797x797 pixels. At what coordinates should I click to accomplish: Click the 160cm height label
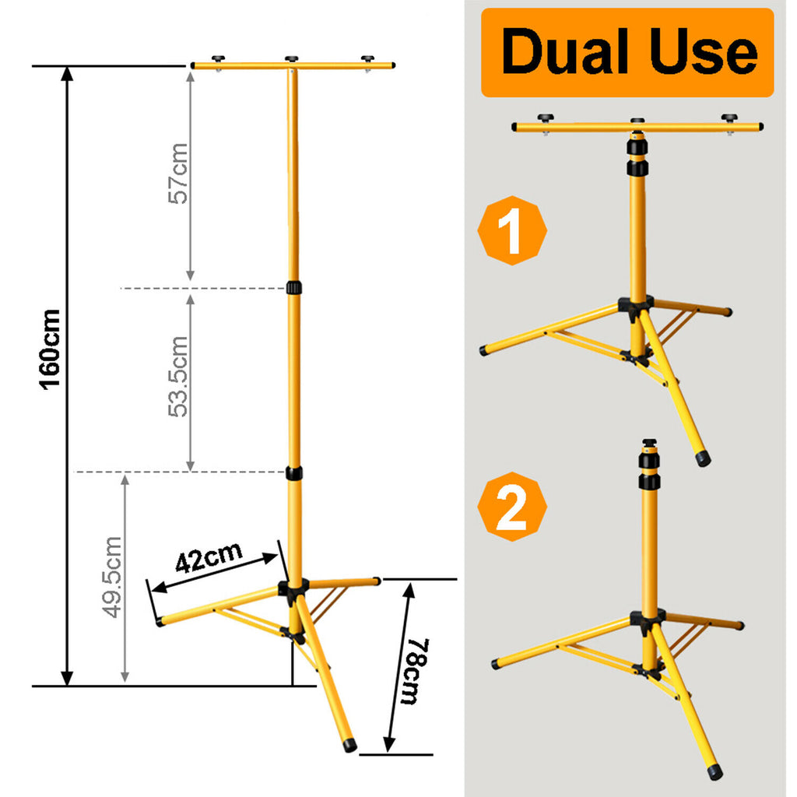pyautogui.click(x=51, y=349)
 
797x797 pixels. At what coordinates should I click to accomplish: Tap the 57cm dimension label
pyautogui.click(x=178, y=174)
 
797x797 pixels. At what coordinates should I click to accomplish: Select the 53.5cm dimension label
pyautogui.click(x=178, y=377)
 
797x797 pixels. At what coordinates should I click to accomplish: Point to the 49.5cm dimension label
pyautogui.click(x=112, y=577)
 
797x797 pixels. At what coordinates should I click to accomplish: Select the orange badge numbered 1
pyautogui.click(x=512, y=230)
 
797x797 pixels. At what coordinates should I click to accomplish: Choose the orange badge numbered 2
pyautogui.click(x=512, y=506)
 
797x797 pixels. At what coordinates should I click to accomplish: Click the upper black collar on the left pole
pyautogui.click(x=293, y=287)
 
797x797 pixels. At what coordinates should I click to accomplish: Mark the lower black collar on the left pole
pyautogui.click(x=293, y=473)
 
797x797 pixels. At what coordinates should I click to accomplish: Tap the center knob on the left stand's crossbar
pyautogui.click(x=291, y=59)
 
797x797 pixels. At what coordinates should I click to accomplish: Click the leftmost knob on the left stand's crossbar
pyautogui.click(x=219, y=58)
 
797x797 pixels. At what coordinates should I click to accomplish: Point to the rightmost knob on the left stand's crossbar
pyautogui.click(x=367, y=59)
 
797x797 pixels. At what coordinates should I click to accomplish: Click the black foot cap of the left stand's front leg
pyautogui.click(x=349, y=745)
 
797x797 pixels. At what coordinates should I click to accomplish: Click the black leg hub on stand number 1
pyautogui.click(x=635, y=307)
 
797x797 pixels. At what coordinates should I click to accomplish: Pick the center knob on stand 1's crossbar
pyautogui.click(x=637, y=121)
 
